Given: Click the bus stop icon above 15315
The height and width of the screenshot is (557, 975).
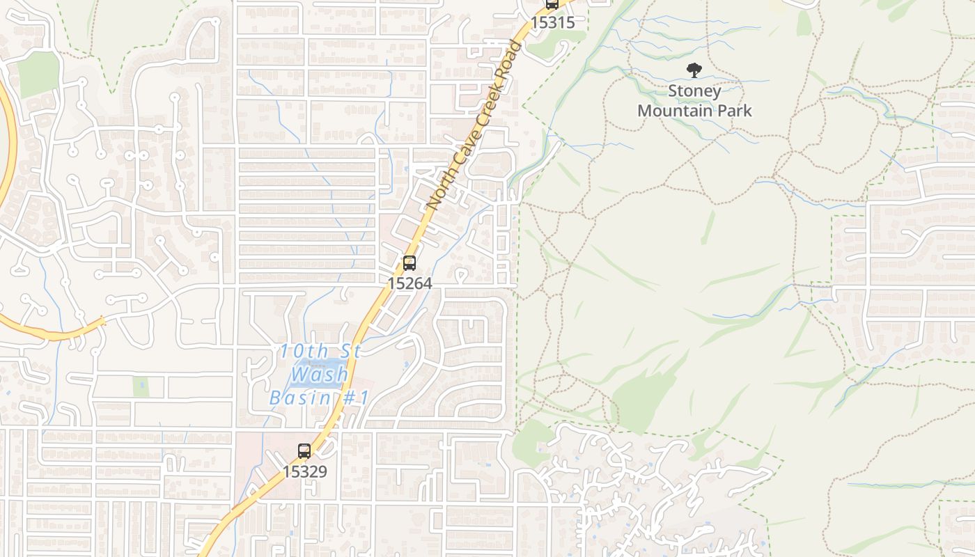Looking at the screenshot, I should pos(552,4).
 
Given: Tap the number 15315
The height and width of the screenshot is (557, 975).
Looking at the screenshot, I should pos(553,22).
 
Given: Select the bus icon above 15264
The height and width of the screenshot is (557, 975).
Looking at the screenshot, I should pos(409,263).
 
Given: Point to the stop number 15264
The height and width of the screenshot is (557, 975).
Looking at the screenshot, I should pos(409,283).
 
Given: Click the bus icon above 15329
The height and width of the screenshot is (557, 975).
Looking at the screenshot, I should pos(304,450).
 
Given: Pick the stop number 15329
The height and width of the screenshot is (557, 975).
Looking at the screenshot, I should pos(304,471).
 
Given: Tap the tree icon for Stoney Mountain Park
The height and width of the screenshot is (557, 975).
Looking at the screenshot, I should pos(694,70).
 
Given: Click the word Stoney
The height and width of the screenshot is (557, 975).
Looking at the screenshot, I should pos(694,91).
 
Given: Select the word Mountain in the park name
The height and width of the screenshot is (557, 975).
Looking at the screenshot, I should pos(674,110).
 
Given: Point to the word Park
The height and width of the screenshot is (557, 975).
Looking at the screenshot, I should pos(735,110).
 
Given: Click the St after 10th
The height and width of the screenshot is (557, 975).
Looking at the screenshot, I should pos(348,351).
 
